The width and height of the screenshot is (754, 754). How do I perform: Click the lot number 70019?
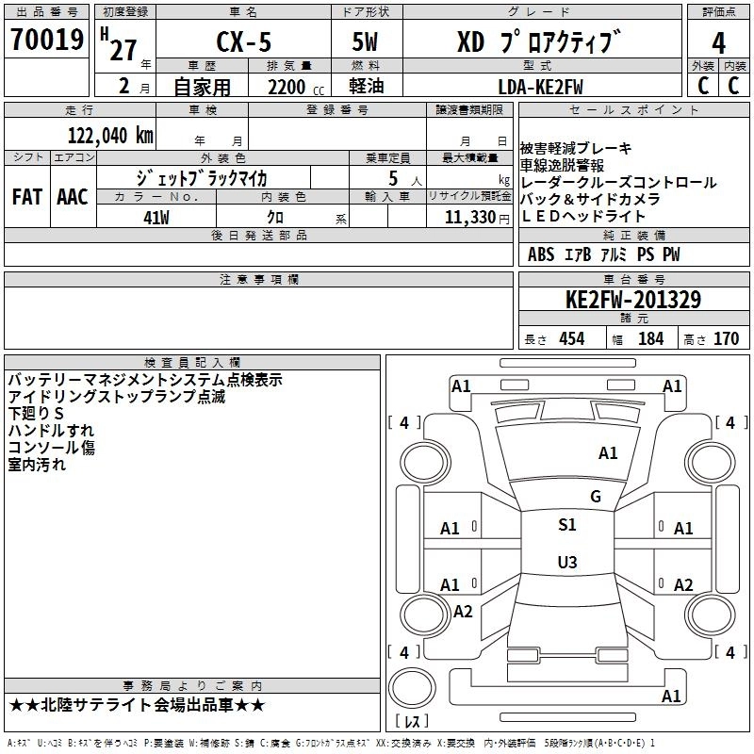pos(46,41)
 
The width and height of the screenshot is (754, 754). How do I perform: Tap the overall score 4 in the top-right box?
pos(718,42)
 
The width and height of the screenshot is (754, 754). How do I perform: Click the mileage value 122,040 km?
pos(110,135)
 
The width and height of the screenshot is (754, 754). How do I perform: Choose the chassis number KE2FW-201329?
pos(632,300)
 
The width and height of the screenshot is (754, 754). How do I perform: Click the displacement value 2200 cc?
pos(287,88)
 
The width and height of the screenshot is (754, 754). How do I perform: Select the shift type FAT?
pos(27,197)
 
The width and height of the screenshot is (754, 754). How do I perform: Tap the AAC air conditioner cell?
pos(72,197)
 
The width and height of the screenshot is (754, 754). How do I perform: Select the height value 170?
pos(726,338)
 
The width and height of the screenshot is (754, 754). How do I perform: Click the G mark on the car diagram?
pos(595,497)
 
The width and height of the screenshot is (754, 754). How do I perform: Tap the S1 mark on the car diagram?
pos(567,525)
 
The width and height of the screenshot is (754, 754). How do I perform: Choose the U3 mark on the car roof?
pos(566,563)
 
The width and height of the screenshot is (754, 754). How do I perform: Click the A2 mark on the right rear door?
pos(683,584)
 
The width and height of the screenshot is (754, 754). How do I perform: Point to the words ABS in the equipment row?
pos(541,254)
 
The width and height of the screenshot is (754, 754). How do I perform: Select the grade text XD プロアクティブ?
pos(539,42)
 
